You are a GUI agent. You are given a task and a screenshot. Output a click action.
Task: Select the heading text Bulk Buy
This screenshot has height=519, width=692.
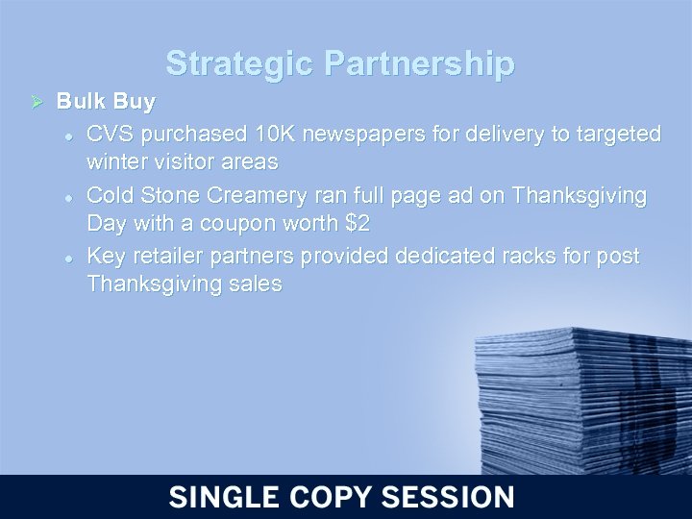pyautogui.click(x=106, y=101)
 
